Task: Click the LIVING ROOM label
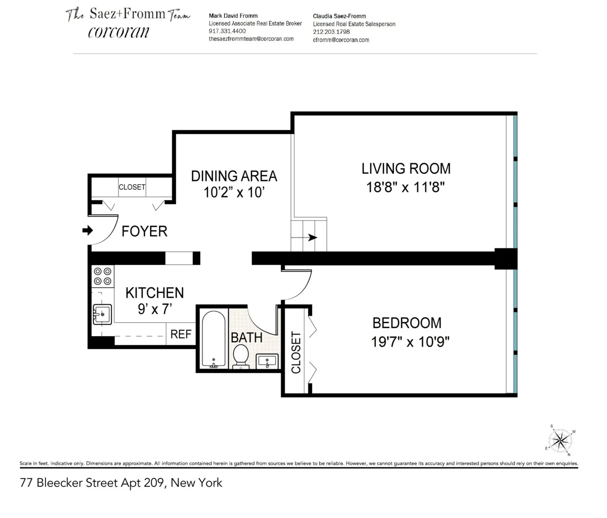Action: [x=406, y=169]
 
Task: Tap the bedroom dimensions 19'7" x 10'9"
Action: [x=410, y=342]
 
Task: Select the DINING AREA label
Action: [x=234, y=176]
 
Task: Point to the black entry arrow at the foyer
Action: [x=88, y=230]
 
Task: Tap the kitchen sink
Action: [x=102, y=314]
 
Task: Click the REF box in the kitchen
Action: [x=181, y=334]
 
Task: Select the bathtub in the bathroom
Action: [x=213, y=339]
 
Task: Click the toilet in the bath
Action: [x=241, y=355]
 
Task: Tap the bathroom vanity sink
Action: [x=267, y=361]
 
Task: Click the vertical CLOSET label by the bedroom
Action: [x=296, y=352]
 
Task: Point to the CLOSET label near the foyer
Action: [x=132, y=187]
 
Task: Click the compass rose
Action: [x=560, y=439]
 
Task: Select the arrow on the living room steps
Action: [x=312, y=238]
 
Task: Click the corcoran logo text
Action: [x=118, y=32]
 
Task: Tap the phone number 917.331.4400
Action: [x=227, y=31]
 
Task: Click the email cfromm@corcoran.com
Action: [x=341, y=39]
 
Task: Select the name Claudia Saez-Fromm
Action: [x=339, y=16]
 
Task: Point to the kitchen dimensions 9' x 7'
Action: [x=155, y=309]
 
